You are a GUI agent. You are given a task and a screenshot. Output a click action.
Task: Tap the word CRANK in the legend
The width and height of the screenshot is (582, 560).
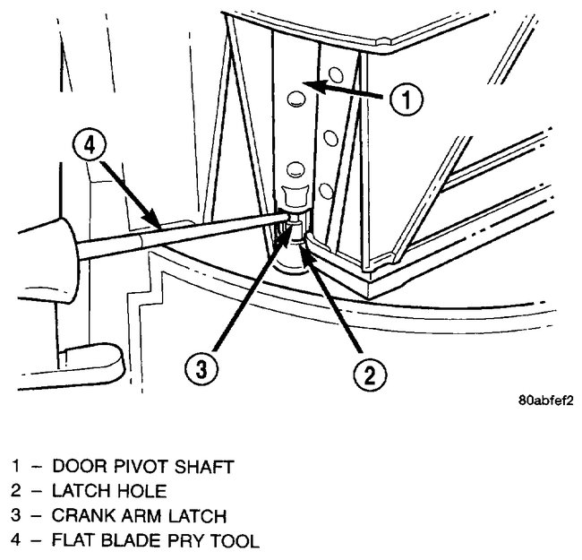[x=82, y=515]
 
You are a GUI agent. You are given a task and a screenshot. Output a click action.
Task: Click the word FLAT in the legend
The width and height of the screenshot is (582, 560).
[x=74, y=540]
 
